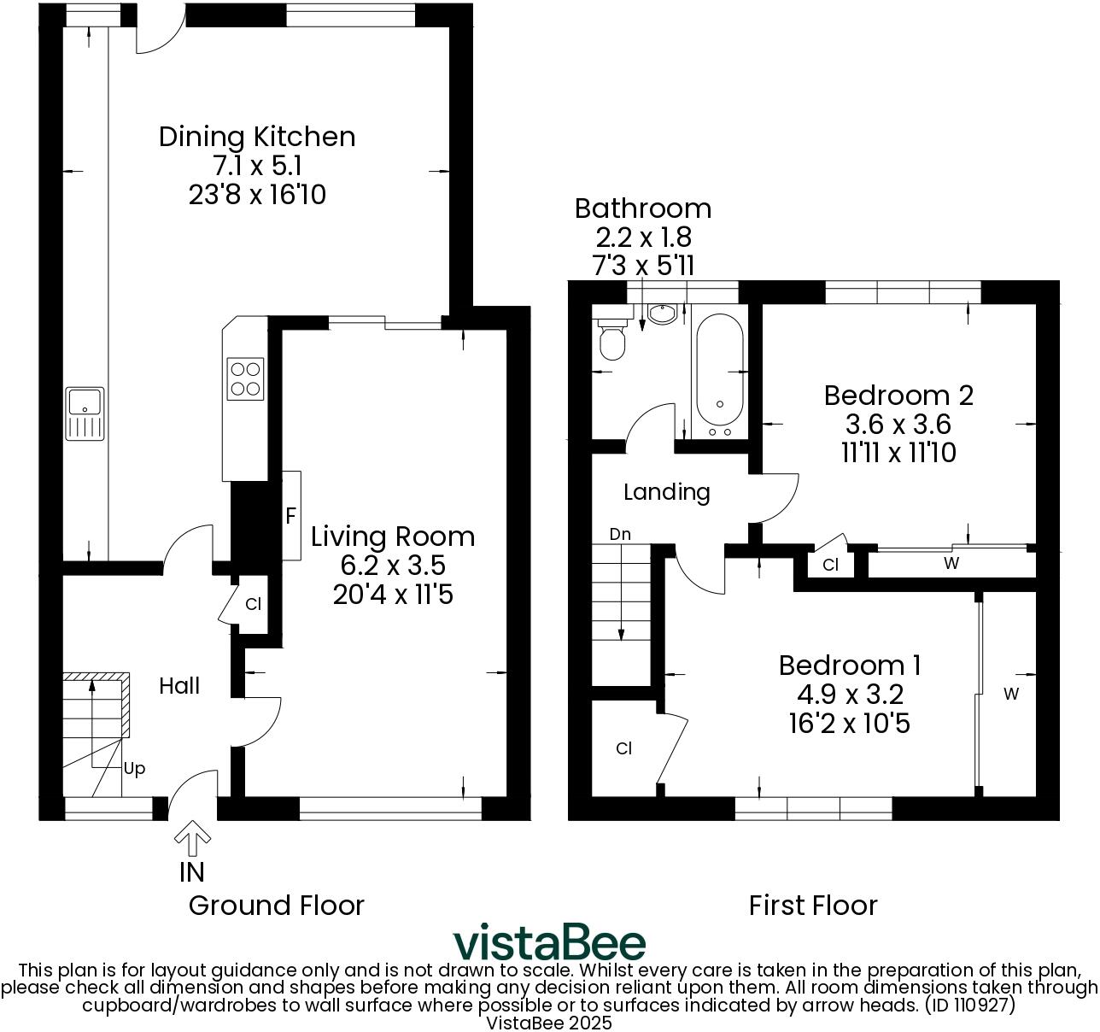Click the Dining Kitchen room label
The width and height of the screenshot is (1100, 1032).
click(x=256, y=137)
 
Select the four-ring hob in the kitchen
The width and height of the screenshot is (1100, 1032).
click(x=246, y=378)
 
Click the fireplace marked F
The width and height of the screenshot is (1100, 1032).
click(x=290, y=516)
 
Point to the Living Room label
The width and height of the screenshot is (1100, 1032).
click(x=392, y=537)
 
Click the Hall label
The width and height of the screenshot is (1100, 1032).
click(x=180, y=685)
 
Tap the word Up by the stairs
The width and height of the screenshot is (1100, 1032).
click(x=134, y=768)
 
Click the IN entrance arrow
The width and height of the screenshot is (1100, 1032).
click(x=192, y=841)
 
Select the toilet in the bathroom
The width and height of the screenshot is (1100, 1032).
click(x=612, y=340)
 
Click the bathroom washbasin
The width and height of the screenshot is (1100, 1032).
click(x=661, y=314)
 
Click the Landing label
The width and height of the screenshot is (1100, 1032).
click(x=666, y=492)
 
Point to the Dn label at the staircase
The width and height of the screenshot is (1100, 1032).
click(x=620, y=535)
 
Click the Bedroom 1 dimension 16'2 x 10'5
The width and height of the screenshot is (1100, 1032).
click(x=849, y=724)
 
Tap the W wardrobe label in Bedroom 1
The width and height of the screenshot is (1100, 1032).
click(x=1011, y=694)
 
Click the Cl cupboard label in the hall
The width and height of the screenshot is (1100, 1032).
click(x=253, y=604)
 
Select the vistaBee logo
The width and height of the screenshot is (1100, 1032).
click(x=549, y=942)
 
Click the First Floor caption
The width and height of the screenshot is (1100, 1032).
click(x=812, y=905)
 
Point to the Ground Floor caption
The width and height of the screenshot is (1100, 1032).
click(x=276, y=905)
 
